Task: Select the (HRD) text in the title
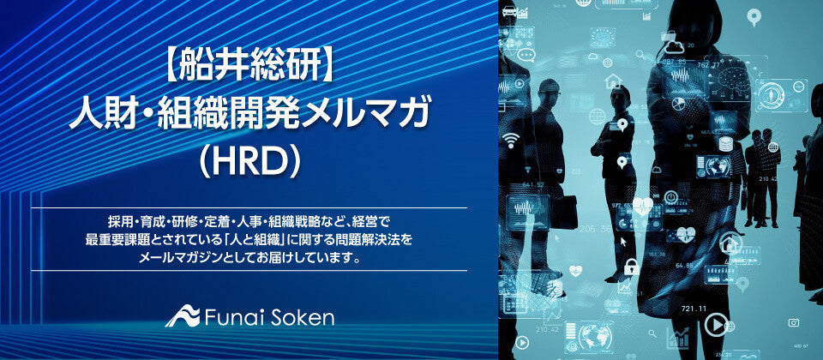tap(249, 165)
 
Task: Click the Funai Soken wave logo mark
tap(183, 315)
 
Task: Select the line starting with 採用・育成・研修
tap(249, 219)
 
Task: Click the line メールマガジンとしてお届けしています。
tap(249, 258)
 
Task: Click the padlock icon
tap(632, 267)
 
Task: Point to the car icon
tap(509, 10)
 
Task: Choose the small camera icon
tap(794, 322)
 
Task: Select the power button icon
tap(670, 197)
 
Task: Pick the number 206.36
tap(595, 229)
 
